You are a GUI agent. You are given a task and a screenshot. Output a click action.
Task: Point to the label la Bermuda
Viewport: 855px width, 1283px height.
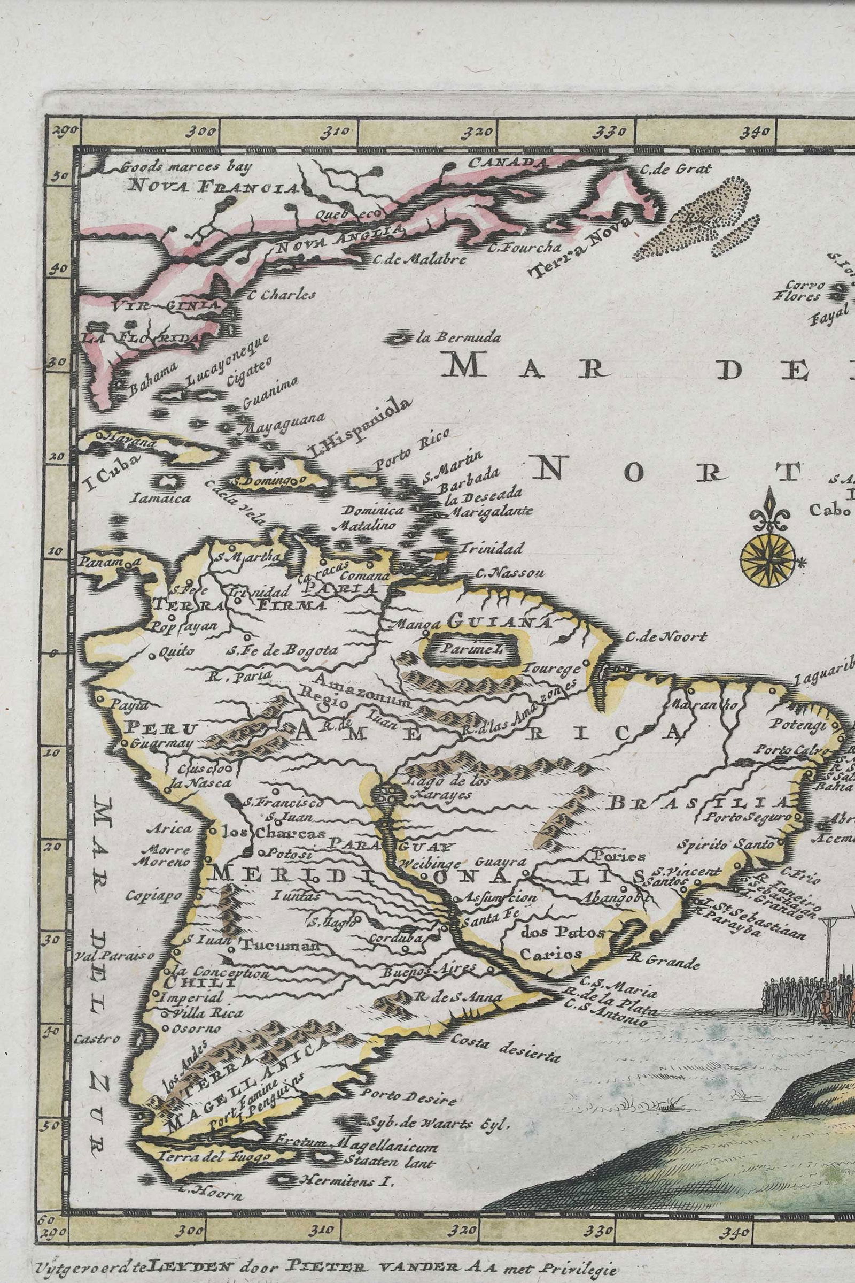[x=457, y=338]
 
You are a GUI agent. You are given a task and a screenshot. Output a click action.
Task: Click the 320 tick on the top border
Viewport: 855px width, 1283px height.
[x=483, y=132]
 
